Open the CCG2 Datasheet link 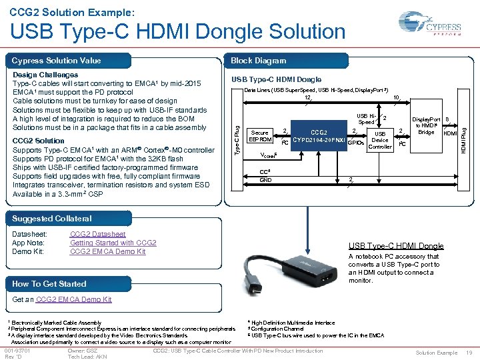tap(97, 234)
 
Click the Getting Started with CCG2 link tap(113, 243)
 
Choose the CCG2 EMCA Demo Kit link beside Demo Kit tap(107, 251)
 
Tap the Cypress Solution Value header tap(56, 61)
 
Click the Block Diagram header tap(258, 61)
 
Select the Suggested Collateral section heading tap(52, 219)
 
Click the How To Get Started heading tap(49, 283)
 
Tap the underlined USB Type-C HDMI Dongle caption tap(395, 246)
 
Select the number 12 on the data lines tap(307, 97)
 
